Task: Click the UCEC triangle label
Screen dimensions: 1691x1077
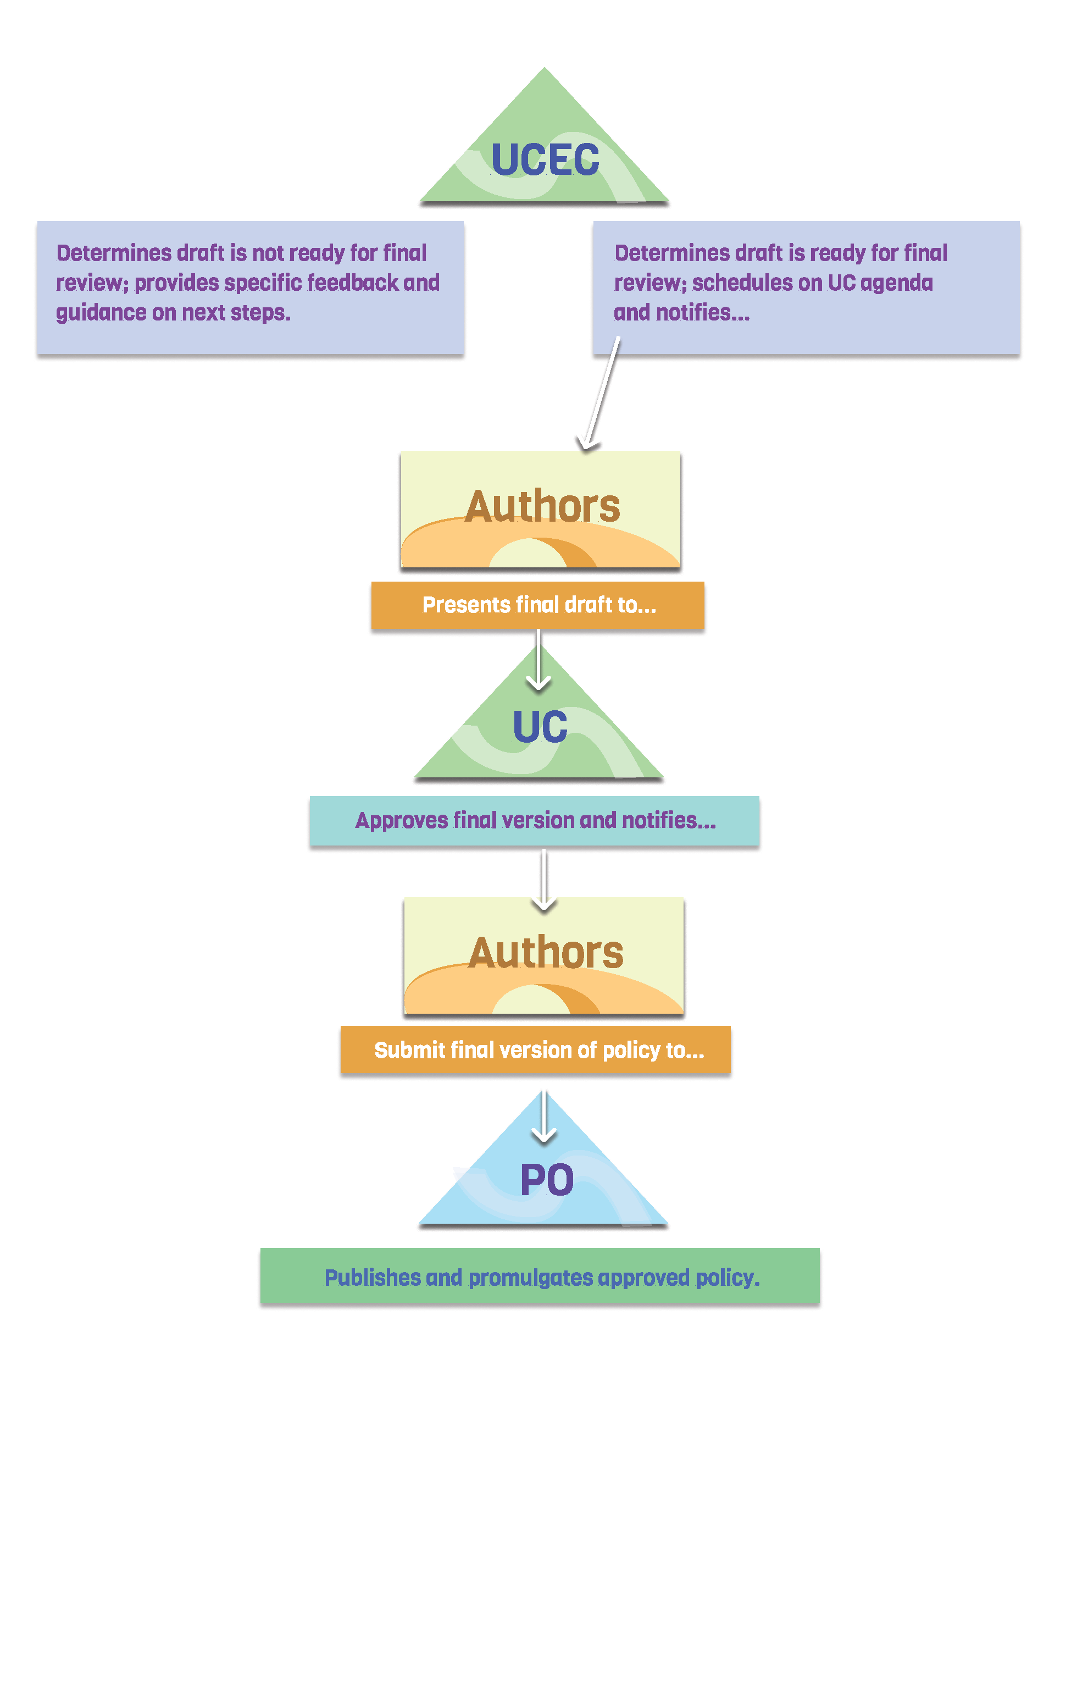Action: coord(545,159)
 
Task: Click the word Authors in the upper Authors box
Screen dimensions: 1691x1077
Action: coord(542,506)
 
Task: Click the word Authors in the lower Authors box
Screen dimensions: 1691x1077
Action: coord(546,952)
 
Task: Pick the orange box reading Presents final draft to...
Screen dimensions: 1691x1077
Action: coord(538,605)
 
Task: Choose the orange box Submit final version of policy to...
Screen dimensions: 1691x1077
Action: coord(536,1050)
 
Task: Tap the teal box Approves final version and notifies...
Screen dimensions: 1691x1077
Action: coord(534,820)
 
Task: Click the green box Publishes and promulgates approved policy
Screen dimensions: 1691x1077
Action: coord(540,1276)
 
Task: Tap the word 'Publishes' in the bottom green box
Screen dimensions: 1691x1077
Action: coord(373,1278)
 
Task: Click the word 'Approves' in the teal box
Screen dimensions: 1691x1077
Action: coord(402,820)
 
